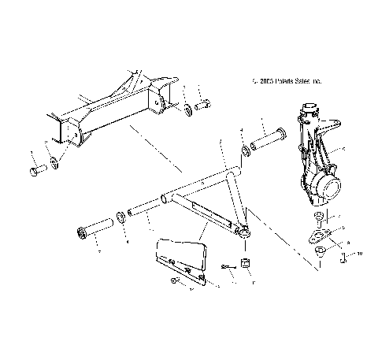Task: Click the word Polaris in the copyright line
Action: click(289, 80)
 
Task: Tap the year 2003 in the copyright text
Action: click(267, 80)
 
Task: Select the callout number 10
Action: click(361, 254)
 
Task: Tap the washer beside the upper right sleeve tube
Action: click(246, 149)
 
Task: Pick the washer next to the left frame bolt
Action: click(53, 164)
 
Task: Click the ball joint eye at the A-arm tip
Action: click(244, 231)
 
